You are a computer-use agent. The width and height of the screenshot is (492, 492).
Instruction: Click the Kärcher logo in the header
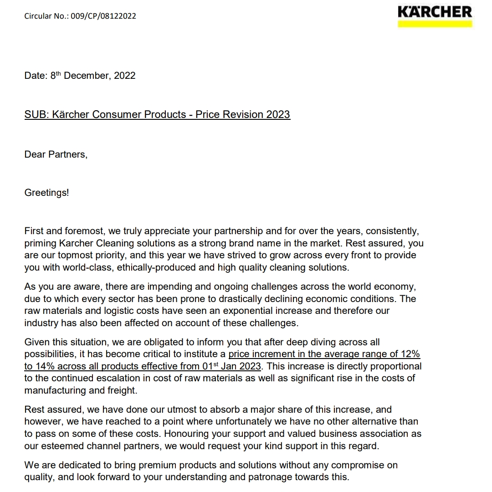pos(435,12)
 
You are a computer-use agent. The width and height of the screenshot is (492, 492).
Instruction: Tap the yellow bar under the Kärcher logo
pos(435,23)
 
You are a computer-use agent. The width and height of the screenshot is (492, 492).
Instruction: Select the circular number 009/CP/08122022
pos(103,16)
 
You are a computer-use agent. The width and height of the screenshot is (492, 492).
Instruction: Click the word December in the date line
pos(86,76)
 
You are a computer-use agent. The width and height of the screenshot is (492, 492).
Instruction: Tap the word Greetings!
pos(46,193)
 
